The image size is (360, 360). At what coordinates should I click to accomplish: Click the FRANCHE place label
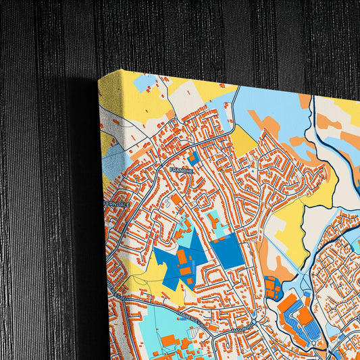(x=182, y=170)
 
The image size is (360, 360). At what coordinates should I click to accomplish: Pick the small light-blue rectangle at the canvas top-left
(x=145, y=82)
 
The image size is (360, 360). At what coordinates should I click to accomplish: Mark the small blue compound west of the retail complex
(x=273, y=288)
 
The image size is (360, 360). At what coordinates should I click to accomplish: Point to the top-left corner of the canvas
(x=99, y=77)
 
